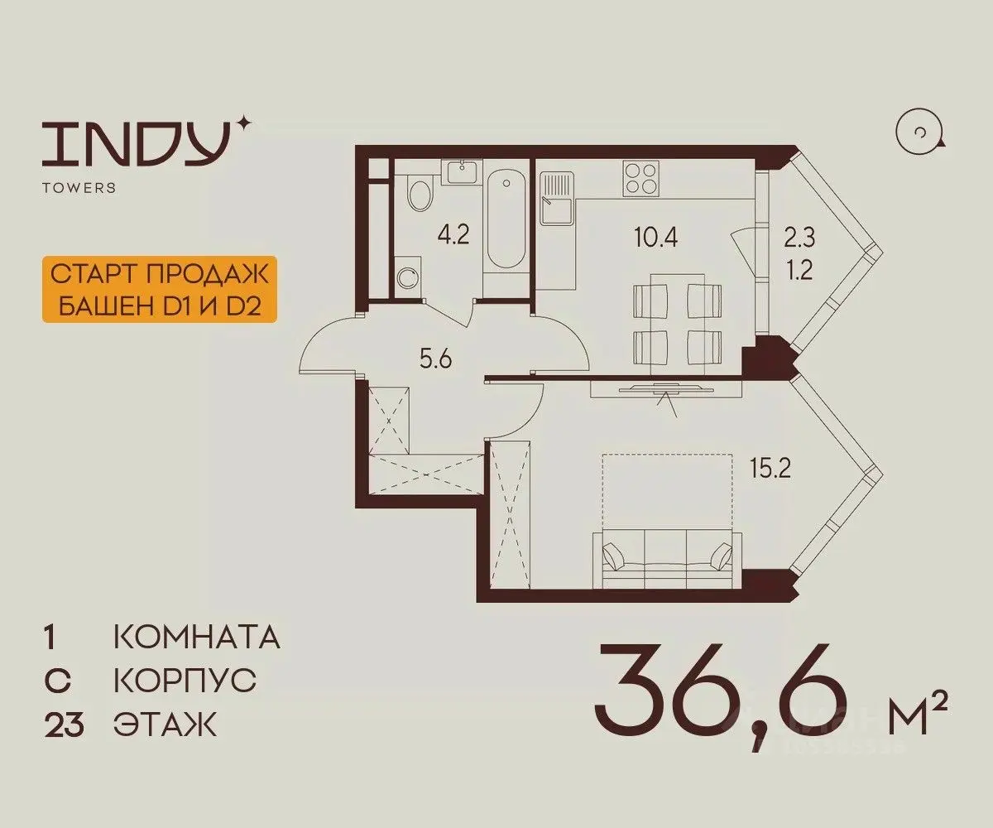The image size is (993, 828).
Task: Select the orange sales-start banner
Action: tap(160, 289)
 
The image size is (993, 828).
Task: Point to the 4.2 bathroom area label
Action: tap(453, 234)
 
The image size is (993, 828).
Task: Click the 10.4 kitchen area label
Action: tap(656, 236)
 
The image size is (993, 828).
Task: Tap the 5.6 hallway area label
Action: tap(435, 359)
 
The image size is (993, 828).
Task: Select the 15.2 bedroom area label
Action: tap(770, 469)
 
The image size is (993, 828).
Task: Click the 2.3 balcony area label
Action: tap(799, 238)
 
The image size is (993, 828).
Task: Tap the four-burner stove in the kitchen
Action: tap(641, 179)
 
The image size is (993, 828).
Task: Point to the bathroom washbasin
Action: tap(461, 171)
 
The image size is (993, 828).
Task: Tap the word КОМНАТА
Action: tap(197, 637)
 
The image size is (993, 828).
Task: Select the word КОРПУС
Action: tap(185, 681)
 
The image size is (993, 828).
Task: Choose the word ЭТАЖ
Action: tap(165, 724)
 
